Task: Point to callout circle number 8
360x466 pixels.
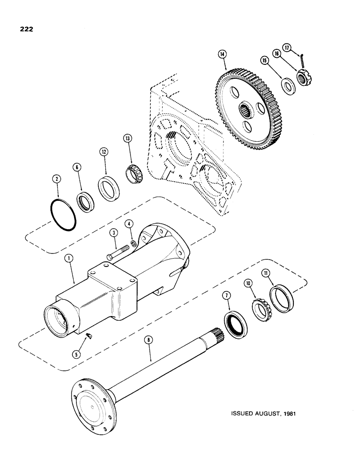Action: [x=149, y=341]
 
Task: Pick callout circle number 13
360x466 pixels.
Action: [x=127, y=138]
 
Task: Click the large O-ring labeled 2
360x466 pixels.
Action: [x=62, y=216]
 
